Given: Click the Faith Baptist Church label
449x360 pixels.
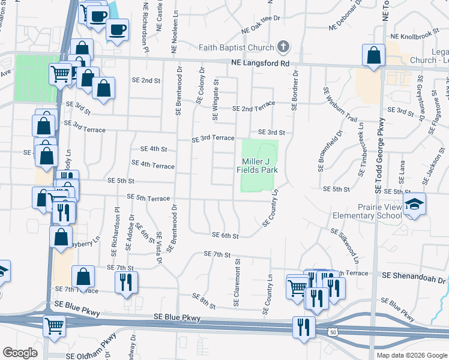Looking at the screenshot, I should point(237,47).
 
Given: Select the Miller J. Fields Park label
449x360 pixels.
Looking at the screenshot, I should point(260,166).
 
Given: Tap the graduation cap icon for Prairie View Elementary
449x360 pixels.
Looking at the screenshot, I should point(414,205).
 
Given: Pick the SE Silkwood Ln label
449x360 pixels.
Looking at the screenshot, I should point(345,245).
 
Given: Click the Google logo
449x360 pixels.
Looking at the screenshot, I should point(20,352).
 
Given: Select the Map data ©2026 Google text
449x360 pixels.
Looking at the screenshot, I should point(412,355).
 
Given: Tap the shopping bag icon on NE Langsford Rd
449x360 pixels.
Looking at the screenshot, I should point(373,56).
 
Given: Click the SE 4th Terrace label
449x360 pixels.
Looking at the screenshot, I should point(152,164).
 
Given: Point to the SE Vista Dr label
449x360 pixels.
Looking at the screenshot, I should point(159,248).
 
